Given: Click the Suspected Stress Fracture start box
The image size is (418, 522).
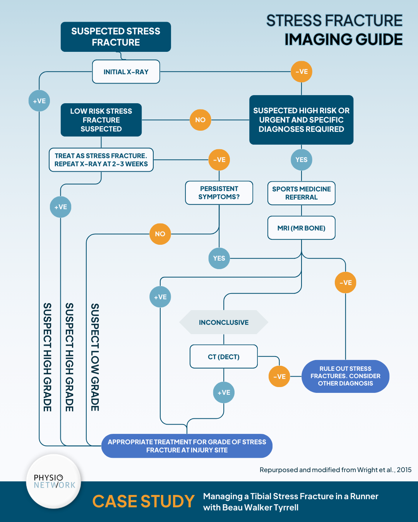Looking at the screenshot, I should pos(116,37).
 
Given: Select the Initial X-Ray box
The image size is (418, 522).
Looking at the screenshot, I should pos(126,72).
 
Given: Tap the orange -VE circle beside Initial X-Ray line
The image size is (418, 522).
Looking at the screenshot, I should pos(302,72).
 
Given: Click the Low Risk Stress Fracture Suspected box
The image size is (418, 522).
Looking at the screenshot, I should pos(101,120).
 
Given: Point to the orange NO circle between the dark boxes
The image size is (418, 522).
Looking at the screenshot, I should pos(200,120).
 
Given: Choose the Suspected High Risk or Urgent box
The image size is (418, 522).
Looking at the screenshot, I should pos(301,120).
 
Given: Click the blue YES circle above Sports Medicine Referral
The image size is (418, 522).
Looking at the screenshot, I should pos(302,160).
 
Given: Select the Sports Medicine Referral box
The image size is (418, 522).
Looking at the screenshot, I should pos(301,193).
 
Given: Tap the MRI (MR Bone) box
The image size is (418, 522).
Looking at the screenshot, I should pos(301,228).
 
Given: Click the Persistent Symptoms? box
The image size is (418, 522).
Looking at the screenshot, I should pos(219,193).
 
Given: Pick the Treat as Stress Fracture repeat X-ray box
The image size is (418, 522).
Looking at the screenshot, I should pos(101,160).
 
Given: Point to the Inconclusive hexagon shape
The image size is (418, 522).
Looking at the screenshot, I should pos(223,322).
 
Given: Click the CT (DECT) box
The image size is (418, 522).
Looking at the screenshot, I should pos(223,357).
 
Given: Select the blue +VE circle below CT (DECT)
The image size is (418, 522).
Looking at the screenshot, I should pos(224,392).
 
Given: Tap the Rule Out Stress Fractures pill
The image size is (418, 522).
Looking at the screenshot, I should pos(345,376).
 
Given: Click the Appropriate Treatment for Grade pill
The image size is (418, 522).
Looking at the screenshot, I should pos(187,446).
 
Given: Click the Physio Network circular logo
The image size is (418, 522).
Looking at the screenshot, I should pos(54,481).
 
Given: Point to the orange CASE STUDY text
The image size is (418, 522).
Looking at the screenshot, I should pos(143,502).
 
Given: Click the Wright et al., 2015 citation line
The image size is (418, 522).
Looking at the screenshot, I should pos(335,470).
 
